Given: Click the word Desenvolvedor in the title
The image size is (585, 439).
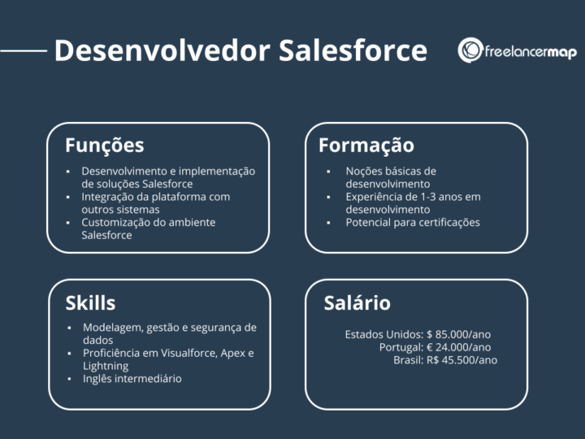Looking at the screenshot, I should (162, 50).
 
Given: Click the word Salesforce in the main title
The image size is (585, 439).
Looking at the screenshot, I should (353, 50).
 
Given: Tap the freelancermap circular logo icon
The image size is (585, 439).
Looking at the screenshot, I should (470, 50).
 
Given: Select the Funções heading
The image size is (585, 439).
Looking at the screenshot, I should (104, 146).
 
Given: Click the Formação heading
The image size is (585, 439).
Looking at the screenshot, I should (366, 146).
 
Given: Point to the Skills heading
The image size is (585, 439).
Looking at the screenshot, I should (90, 303).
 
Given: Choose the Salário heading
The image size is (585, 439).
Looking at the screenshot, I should (357, 303).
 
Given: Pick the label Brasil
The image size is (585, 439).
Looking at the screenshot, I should (408, 360).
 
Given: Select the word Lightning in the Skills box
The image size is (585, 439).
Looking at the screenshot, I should (105, 366).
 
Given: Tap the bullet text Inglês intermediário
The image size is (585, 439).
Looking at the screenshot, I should (132, 379).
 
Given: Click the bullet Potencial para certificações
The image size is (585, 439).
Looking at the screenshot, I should (413, 222).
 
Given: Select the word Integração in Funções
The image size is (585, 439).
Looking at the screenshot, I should (110, 197).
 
